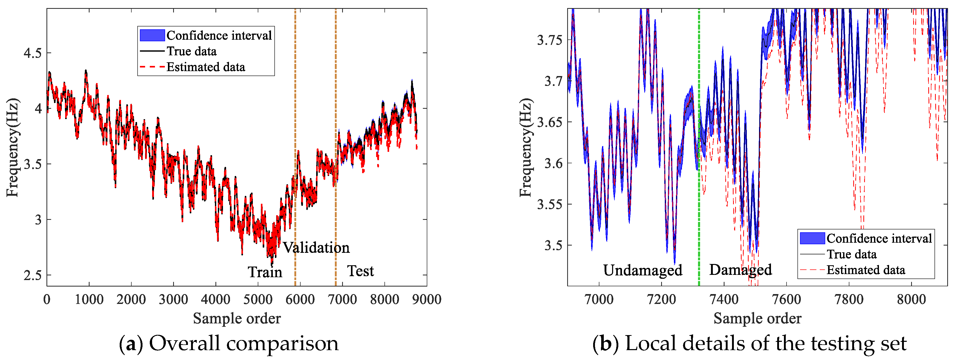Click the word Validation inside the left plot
pos(316,248)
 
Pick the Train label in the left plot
pos(265,272)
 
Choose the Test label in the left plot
pos(360,271)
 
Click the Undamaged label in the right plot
pos(642,270)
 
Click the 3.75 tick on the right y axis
pos(550,40)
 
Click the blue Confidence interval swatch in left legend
pos(152,35)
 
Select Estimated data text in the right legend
pos(866,270)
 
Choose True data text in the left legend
pos(191,51)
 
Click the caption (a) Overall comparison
pos(228,343)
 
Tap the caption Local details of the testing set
pos(766,343)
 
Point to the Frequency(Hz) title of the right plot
pos(526,148)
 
